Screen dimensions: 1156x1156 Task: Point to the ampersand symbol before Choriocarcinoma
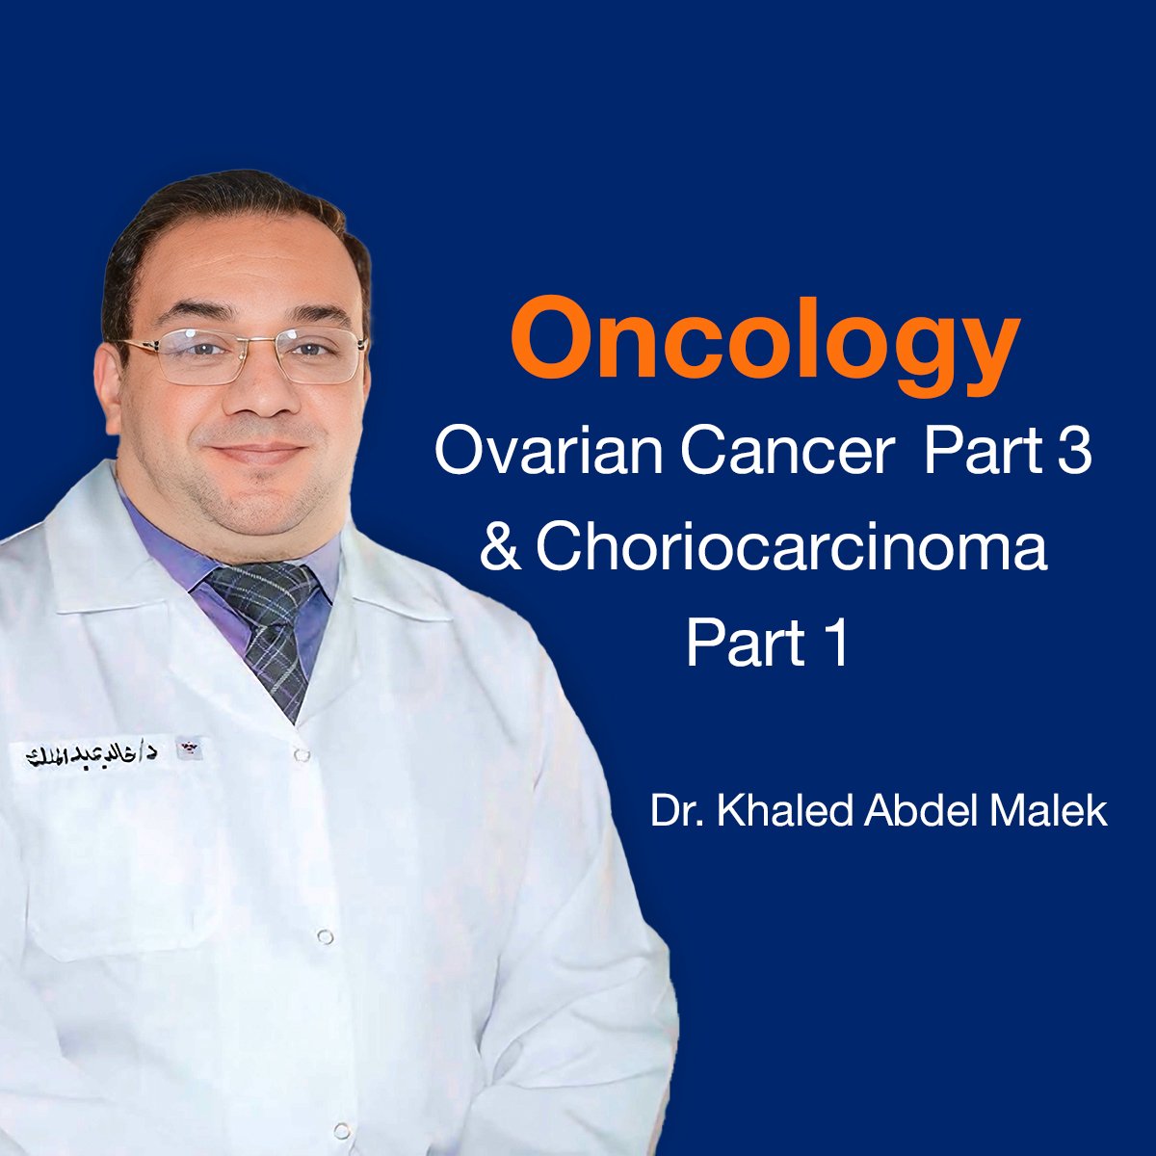point(499,549)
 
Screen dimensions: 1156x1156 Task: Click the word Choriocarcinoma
point(791,549)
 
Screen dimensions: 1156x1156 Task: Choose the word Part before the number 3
point(969,452)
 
